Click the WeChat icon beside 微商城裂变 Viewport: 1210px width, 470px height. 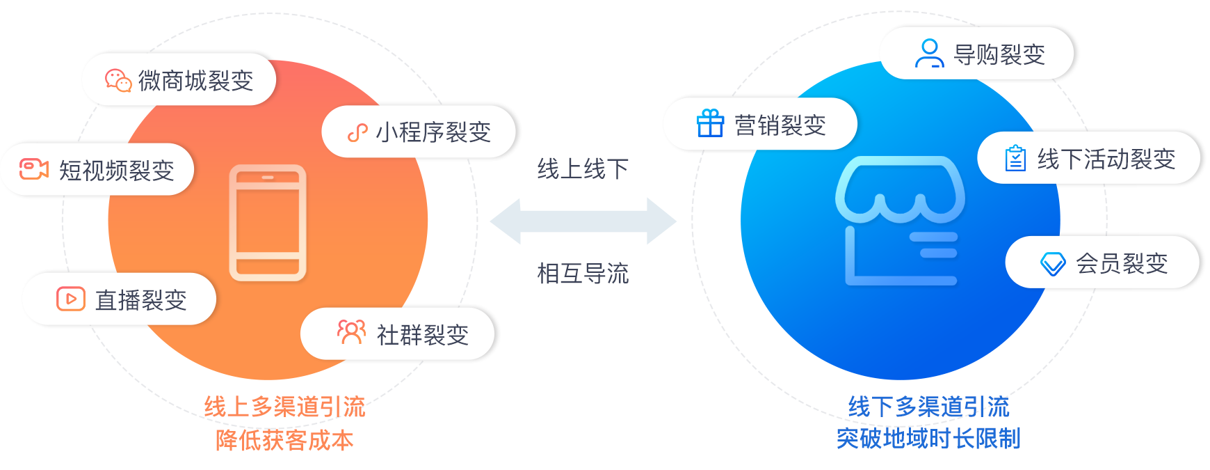118,81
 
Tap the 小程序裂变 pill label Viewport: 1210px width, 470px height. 433,132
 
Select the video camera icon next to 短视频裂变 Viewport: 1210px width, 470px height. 34,169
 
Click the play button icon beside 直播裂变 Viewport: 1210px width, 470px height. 71,299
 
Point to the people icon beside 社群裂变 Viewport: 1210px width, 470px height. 351,333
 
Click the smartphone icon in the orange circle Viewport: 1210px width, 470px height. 268,223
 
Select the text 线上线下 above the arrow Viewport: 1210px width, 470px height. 583,169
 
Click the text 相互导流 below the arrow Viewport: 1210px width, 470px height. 583,274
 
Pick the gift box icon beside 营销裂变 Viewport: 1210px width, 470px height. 710,124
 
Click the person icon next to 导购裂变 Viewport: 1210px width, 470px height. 929,54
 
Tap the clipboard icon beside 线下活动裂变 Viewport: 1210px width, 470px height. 1015,158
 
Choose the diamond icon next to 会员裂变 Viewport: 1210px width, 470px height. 1053,264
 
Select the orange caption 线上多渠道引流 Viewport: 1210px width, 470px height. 284,407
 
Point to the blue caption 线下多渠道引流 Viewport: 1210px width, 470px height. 928,407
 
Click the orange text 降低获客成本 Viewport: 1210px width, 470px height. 284,440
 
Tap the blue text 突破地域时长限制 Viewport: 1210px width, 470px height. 928,439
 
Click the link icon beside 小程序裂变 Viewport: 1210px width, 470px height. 357,132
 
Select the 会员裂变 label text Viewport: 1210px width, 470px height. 1121,264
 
